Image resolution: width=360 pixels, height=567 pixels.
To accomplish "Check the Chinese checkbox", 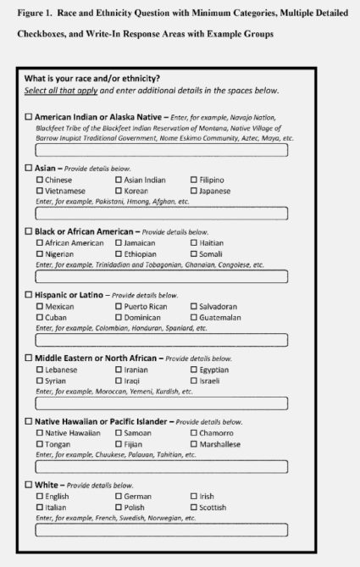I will tap(40, 181).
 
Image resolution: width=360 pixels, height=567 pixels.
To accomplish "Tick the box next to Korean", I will tap(119, 192).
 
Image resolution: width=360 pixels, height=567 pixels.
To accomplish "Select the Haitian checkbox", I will tap(194, 243).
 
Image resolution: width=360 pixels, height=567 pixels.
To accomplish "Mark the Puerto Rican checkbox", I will tap(119, 307).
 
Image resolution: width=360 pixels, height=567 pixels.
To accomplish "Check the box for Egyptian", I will tap(194, 370).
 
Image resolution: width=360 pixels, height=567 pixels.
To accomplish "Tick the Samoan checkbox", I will tap(119, 433).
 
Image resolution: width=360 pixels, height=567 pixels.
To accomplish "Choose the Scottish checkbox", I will tap(194, 508).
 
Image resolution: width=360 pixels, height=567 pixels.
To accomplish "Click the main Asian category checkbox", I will tap(29, 168).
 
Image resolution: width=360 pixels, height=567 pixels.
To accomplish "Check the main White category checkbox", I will tap(29, 485).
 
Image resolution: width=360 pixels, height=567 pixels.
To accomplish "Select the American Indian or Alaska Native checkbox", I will tap(29, 116).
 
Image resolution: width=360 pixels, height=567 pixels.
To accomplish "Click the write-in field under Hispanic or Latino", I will tap(161, 339).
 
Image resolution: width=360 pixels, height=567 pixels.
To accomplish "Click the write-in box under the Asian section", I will tap(161, 213).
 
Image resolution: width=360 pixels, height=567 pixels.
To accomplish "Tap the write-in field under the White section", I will tap(161, 530).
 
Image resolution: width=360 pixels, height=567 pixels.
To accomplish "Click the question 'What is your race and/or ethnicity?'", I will tap(92, 79).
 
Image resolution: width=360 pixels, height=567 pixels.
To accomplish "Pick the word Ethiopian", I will tap(141, 254).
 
